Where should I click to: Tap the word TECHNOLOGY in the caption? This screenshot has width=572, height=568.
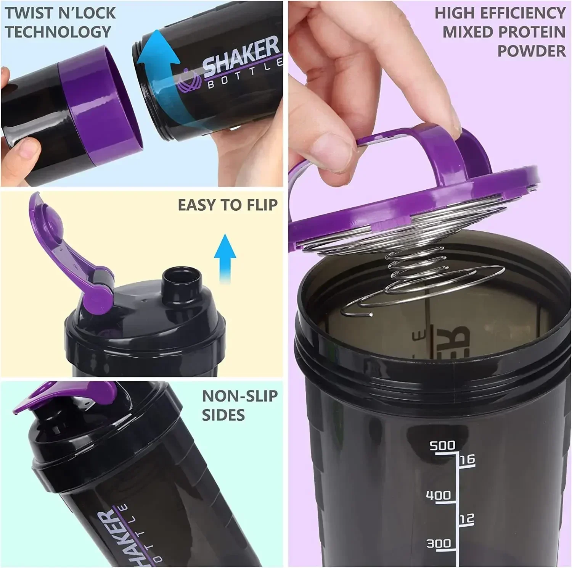coord(58,32)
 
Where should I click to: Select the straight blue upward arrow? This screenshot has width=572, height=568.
coord(225,258)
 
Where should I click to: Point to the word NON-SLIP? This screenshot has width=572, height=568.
coord(239,396)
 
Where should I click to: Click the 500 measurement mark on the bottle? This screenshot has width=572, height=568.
coord(442,445)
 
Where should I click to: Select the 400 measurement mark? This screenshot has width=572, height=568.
coord(438,495)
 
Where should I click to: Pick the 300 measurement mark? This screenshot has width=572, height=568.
coord(438,543)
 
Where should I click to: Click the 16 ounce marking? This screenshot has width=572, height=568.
coord(467,459)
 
